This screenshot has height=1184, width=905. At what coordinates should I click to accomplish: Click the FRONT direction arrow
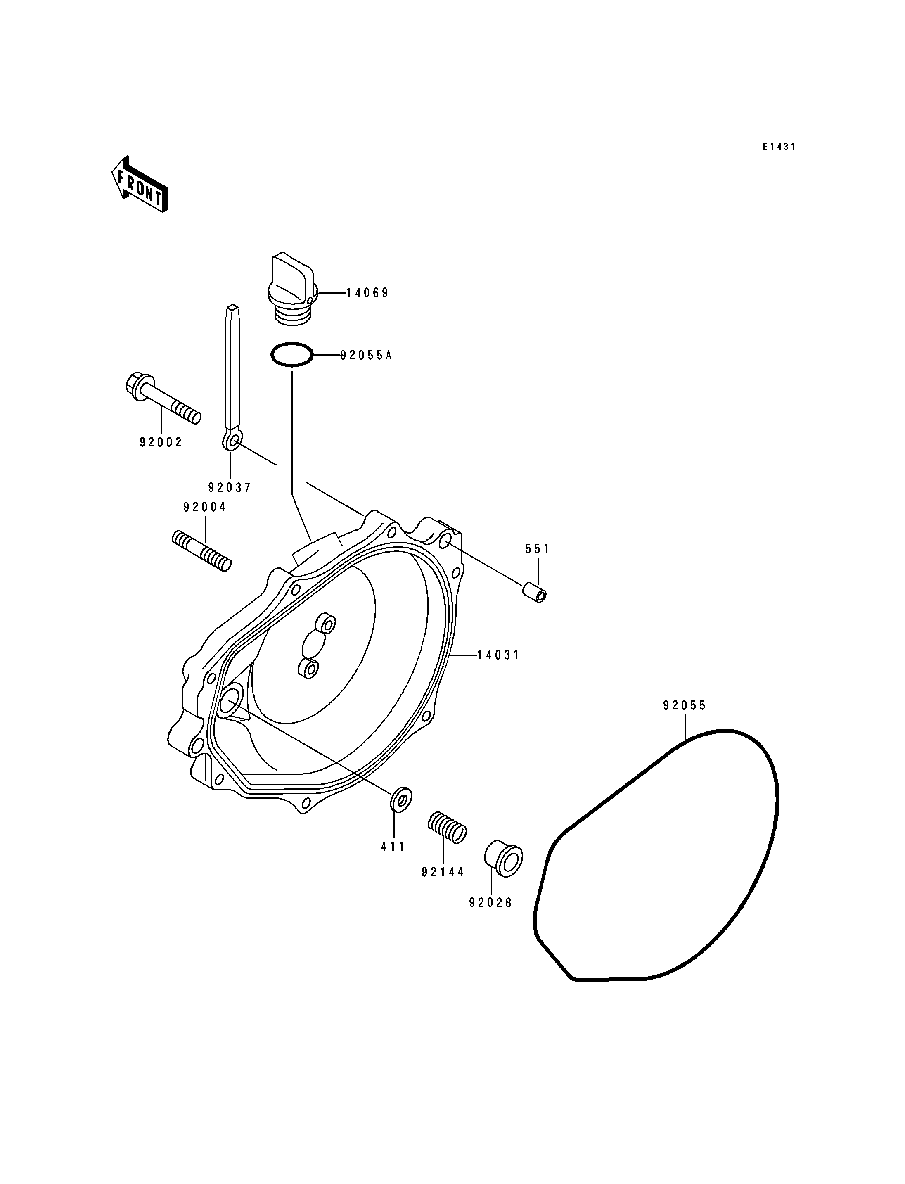click(140, 184)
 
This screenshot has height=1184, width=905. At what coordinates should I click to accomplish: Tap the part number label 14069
click(367, 293)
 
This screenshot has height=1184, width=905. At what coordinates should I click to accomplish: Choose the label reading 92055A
click(366, 355)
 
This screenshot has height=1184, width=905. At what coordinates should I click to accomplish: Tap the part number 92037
click(230, 488)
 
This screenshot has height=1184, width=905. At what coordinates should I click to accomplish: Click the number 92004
click(205, 507)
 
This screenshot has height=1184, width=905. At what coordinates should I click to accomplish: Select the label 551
click(538, 549)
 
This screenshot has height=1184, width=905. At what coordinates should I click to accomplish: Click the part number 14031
click(499, 655)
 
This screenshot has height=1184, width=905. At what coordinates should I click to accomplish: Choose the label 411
click(393, 847)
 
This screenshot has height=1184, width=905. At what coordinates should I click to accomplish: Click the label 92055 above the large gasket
click(685, 705)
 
